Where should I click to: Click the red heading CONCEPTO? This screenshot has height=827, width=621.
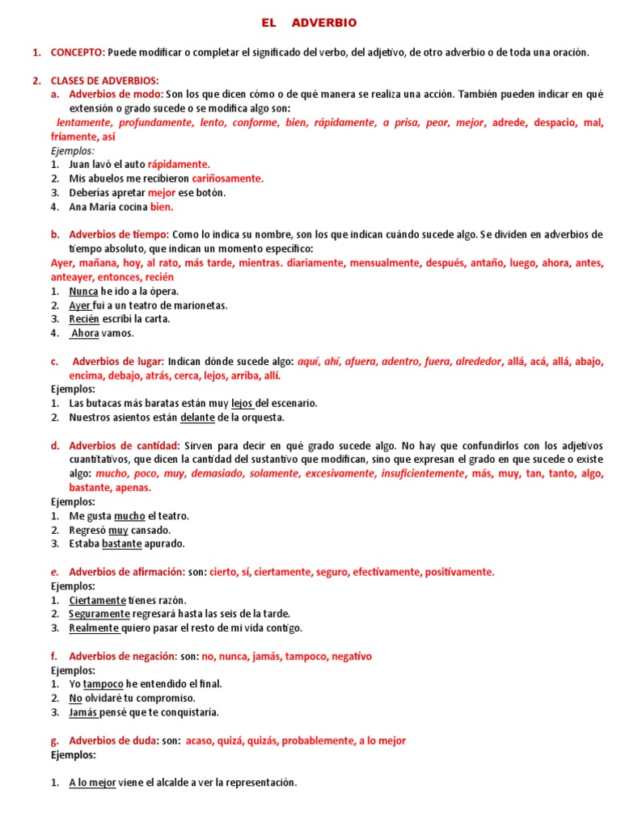pyautogui.click(x=78, y=52)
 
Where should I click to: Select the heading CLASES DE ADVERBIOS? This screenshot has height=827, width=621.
pyautogui.click(x=104, y=81)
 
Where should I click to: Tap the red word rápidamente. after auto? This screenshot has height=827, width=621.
pyautogui.click(x=179, y=164)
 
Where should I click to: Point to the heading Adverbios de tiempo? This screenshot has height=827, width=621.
pyautogui.click(x=119, y=234)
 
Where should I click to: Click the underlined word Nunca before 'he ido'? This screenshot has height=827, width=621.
pyautogui.click(x=84, y=291)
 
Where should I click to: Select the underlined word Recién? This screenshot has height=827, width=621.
pyautogui.click(x=85, y=319)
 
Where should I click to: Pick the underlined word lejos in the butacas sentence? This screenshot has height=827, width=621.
pyautogui.click(x=242, y=403)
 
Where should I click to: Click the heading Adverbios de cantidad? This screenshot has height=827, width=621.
pyautogui.click(x=125, y=446)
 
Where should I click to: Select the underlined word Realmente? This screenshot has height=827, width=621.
pyautogui.click(x=95, y=628)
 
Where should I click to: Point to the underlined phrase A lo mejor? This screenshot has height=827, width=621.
pyautogui.click(x=93, y=783)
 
